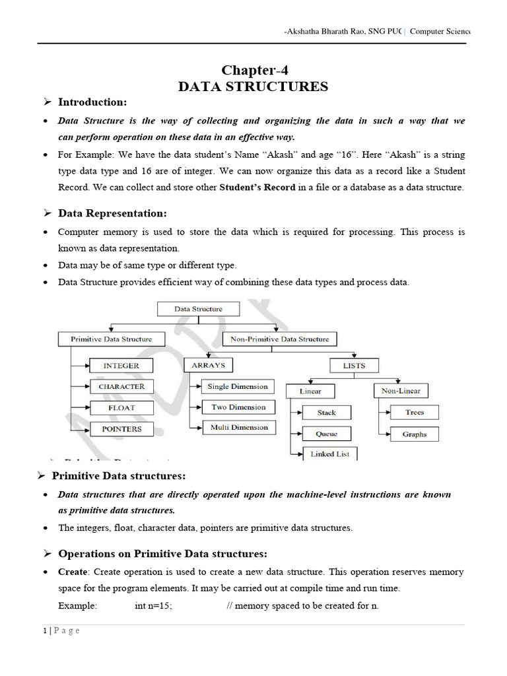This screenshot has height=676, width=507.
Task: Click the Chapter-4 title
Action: (254, 71)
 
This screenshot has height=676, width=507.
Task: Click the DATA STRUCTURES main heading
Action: (253, 87)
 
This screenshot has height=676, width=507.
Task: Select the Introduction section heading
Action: (92, 102)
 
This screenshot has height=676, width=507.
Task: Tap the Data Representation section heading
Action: (112, 213)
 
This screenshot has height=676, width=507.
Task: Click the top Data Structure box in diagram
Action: (198, 308)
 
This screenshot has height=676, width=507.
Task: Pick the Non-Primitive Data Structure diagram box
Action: (280, 339)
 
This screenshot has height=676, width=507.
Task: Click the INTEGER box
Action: (121, 365)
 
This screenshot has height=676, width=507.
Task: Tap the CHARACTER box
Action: (121, 386)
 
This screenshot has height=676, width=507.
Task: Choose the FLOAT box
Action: (121, 408)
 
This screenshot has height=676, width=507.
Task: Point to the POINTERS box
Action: (121, 429)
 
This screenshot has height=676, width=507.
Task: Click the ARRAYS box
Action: (209, 365)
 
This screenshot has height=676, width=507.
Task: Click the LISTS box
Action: (354, 365)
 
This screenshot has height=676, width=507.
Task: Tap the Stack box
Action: (327, 413)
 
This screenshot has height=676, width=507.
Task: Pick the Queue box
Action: (327, 434)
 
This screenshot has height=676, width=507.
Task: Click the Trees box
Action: (415, 413)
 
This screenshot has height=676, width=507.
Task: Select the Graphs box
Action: (415, 434)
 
